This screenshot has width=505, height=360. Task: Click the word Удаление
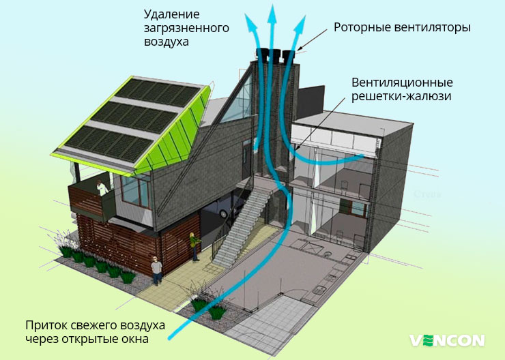coord(172,14)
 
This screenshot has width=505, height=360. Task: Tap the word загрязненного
coord(186,28)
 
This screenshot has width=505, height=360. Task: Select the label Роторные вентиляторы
coord(402,28)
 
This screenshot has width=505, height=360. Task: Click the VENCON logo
coord(447,340)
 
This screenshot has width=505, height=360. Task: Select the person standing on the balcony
coord(102,190)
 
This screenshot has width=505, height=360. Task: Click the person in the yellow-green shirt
coord(194,245)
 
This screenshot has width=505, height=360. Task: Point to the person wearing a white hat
coord(156,269)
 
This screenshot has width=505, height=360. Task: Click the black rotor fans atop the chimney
coord(276,55)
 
